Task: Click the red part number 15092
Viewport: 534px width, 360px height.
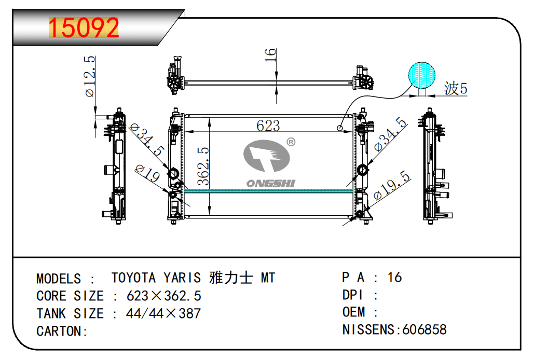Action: pyautogui.click(x=84, y=27)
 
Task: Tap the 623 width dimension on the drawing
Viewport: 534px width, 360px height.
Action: pyautogui.click(x=268, y=126)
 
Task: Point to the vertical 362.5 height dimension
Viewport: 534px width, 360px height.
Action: pyautogui.click(x=203, y=166)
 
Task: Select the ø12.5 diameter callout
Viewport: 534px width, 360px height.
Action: pyautogui.click(x=90, y=76)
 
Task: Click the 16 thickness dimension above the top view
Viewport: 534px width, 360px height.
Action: pyautogui.click(x=270, y=55)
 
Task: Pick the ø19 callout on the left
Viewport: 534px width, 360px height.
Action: pyautogui.click(x=147, y=173)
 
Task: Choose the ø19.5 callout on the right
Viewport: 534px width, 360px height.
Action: pyautogui.click(x=392, y=185)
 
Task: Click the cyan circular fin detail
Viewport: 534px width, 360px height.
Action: pyautogui.click(x=421, y=76)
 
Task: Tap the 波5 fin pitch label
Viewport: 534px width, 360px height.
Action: pyautogui.click(x=455, y=89)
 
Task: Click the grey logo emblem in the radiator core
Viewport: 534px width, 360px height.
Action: pyautogui.click(x=267, y=156)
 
